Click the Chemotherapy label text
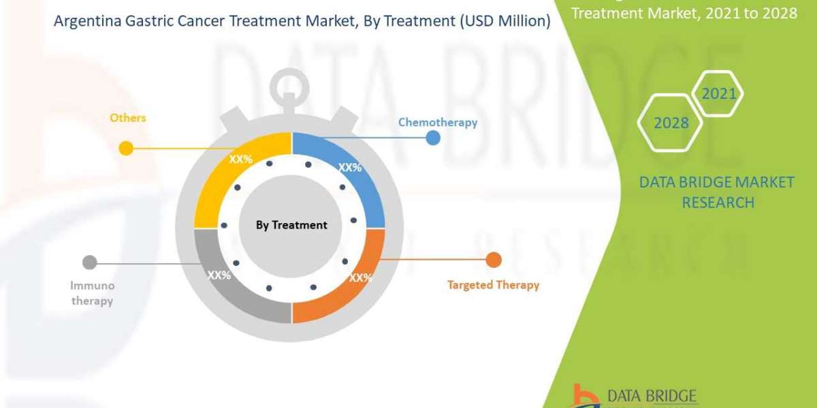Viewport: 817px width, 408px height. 437,122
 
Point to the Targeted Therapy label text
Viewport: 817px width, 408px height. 493,285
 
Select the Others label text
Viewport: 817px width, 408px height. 128,118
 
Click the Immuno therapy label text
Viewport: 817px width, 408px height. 92,293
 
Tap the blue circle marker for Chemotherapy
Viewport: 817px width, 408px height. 432,139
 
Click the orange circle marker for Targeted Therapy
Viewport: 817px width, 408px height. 494,260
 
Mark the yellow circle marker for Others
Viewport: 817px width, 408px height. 126,148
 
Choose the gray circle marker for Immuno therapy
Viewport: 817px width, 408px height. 89,262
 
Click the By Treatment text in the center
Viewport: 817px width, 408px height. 291,225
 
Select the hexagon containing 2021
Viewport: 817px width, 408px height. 718,94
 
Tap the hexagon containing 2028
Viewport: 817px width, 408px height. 671,123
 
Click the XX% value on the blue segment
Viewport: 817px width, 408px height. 350,167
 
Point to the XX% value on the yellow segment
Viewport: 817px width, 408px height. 240,159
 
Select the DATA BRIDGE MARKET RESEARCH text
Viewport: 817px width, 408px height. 717,192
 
